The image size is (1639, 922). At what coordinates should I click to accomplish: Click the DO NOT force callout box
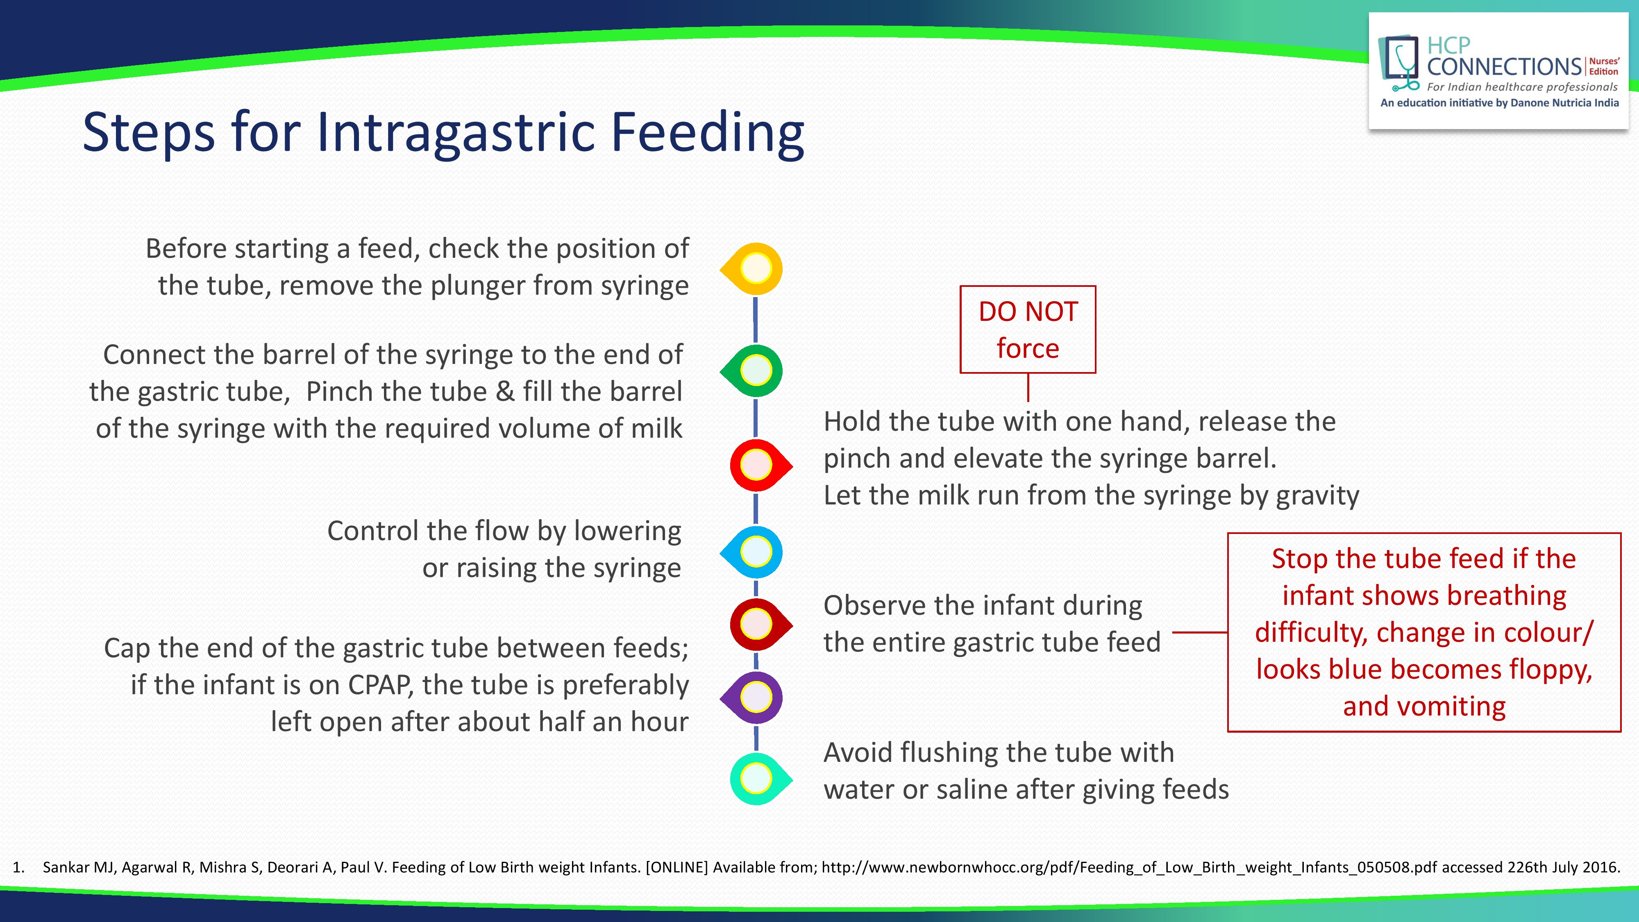point(1028,329)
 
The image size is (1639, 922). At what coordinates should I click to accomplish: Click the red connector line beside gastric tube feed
point(1199,632)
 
